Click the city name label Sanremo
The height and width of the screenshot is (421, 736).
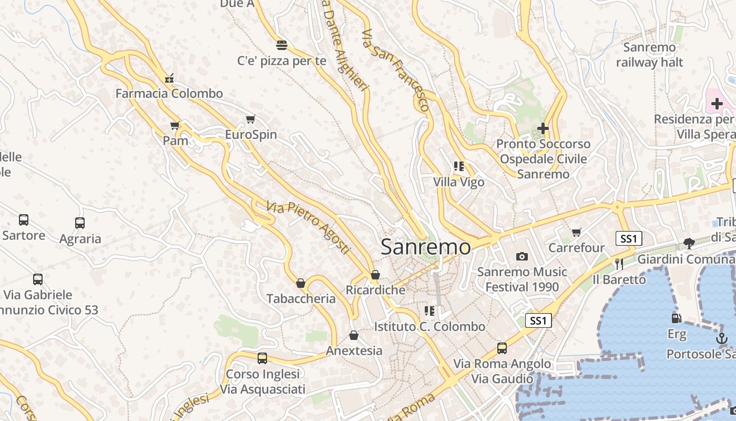coord(425,247)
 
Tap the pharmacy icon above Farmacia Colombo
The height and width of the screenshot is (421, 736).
coord(169,78)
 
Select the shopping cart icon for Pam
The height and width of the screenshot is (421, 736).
coord(175,125)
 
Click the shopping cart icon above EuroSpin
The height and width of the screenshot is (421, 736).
coord(251,119)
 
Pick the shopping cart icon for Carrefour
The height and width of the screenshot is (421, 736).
coord(577,232)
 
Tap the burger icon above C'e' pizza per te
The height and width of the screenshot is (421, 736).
coord(282,45)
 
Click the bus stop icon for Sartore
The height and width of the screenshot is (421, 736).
coord(24,220)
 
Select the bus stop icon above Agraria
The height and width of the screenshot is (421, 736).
coord(80,223)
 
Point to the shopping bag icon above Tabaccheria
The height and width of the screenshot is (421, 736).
coord(301,283)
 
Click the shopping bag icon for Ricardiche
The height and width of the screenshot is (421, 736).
coord(375,275)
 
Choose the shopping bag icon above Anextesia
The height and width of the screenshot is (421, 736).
coord(354,335)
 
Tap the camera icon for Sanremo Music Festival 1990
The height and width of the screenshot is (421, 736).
coord(522,256)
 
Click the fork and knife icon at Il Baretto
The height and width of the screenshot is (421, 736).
coord(619,264)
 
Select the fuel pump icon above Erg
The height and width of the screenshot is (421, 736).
coord(677,318)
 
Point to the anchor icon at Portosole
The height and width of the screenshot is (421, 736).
coord(722,338)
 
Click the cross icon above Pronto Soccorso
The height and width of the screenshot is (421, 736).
coord(543,128)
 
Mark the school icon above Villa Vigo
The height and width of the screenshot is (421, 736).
coord(459,167)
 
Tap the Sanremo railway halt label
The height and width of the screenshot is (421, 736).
coord(649,55)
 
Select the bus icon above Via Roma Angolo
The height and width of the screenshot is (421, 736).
coord(502,348)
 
